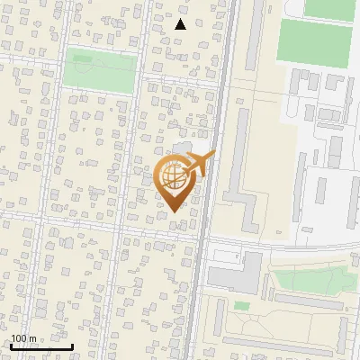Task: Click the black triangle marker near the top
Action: [x=180, y=24]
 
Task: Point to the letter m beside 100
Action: [x=32, y=338]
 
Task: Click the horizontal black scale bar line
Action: [x=40, y=346]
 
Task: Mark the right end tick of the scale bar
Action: [x=73, y=345]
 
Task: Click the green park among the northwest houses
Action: [x=99, y=71]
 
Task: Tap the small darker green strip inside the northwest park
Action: [x=83, y=58]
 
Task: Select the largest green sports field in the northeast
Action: [x=314, y=41]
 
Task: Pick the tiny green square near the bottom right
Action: [x=240, y=306]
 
